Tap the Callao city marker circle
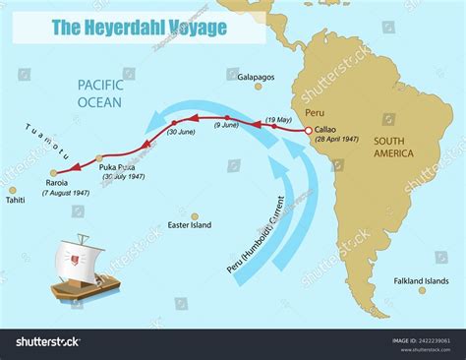click(309, 131)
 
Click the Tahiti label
click(15, 201)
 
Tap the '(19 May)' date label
click(278, 119)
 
